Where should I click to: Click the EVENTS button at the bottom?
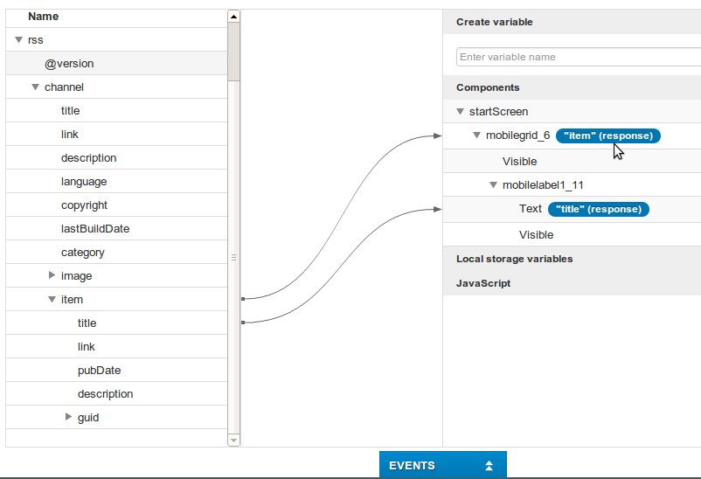[442, 465]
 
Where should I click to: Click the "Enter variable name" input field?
[577, 57]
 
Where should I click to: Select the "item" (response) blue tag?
[608, 135]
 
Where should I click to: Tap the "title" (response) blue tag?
[599, 209]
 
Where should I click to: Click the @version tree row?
[69, 64]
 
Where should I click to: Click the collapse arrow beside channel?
[36, 87]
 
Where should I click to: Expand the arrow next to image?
[52, 276]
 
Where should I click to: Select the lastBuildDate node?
[95, 229]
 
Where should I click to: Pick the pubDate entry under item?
[99, 371]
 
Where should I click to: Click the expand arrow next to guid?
[69, 418]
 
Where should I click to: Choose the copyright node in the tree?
[84, 205]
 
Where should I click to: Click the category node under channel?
[82, 253]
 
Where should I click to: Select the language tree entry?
[84, 182]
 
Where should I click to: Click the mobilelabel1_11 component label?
[543, 185]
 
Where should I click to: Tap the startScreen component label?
[498, 112]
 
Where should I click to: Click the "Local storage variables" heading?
[514, 259]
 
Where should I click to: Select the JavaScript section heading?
[483, 283]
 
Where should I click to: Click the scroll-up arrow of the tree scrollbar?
[233, 16]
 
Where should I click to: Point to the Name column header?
[43, 17]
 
